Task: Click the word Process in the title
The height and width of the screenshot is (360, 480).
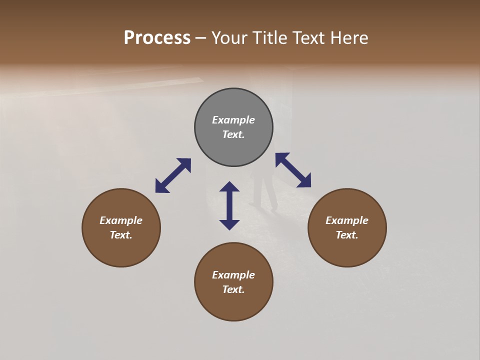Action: pos(157,38)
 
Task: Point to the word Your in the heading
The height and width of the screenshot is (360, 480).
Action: pos(229,38)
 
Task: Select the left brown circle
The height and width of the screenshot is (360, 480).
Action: pos(121,250)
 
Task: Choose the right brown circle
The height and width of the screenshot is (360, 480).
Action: pos(347,250)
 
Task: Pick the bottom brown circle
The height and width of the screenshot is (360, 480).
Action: pos(233,305)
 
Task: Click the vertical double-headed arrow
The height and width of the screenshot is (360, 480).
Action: pos(229,205)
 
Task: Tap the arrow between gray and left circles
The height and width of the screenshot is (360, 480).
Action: pos(173,175)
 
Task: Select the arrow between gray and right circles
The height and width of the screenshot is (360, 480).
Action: pos(293,170)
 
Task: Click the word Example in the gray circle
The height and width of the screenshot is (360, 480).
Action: pos(233,120)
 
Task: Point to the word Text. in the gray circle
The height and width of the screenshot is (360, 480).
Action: pos(233,134)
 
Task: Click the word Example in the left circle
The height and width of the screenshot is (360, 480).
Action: pos(121,220)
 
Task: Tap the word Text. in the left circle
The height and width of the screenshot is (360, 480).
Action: pos(121,235)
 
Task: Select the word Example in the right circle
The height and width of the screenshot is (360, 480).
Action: pos(347,220)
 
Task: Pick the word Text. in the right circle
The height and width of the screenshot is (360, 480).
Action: pos(347,235)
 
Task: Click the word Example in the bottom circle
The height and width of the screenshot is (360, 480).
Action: pos(233,275)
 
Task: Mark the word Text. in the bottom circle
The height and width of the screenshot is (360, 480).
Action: pos(233,289)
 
